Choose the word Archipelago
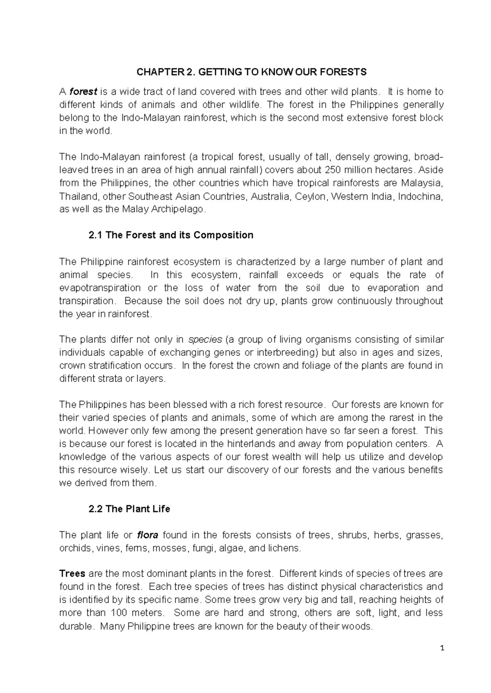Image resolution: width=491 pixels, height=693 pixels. click(x=179, y=210)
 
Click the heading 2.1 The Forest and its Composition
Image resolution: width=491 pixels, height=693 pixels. click(x=171, y=235)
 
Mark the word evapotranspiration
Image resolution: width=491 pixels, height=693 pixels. click(x=100, y=288)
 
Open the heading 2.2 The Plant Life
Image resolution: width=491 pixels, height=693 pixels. click(x=129, y=509)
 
